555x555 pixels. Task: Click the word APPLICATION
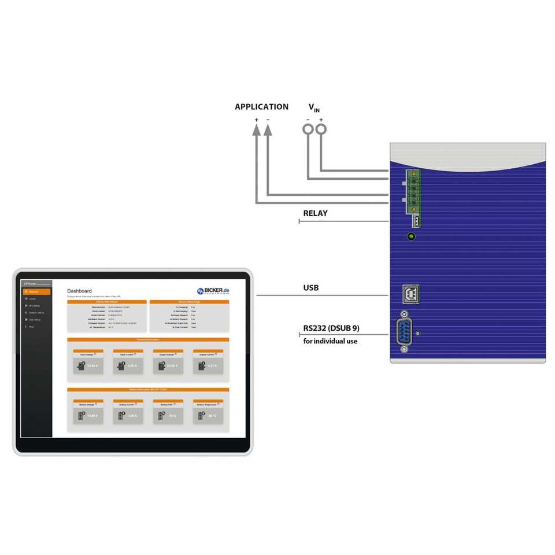pos(261,107)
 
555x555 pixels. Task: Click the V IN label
pos(314,108)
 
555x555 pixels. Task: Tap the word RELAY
pos(315,213)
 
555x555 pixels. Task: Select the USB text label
pos(311,288)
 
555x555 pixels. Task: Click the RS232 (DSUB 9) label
pos(331,328)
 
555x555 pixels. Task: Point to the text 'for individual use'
pos(330,341)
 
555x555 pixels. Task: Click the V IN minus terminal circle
pos(308,129)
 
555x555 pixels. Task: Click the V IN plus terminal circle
pos(321,129)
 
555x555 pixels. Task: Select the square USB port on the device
pos(411,294)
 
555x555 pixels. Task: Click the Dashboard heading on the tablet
pos(79,291)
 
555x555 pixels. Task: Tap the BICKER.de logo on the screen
pos(212,291)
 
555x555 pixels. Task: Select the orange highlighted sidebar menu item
pos(36,292)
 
